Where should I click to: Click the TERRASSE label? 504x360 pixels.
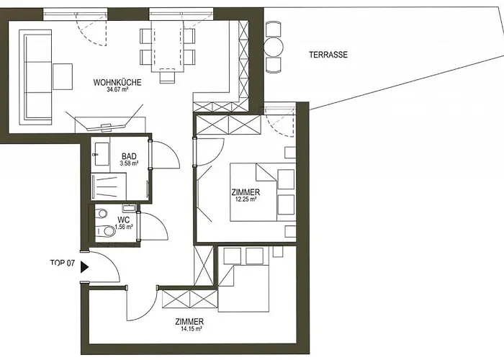pos(328,55)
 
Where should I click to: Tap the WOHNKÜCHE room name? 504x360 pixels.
pos(117,82)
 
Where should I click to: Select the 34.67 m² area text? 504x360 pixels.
pos(117,91)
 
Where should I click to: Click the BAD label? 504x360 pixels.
pos(130,156)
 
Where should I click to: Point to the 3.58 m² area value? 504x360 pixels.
pos(130,164)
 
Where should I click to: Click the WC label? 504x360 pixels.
pos(124,219)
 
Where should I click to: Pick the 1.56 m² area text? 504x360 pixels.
pos(124,227)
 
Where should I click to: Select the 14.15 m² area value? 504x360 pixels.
pos(188,330)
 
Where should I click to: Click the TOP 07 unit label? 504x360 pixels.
pos(62,264)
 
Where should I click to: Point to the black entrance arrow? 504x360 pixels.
pos(85,266)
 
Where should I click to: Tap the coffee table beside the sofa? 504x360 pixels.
pos(63,76)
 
